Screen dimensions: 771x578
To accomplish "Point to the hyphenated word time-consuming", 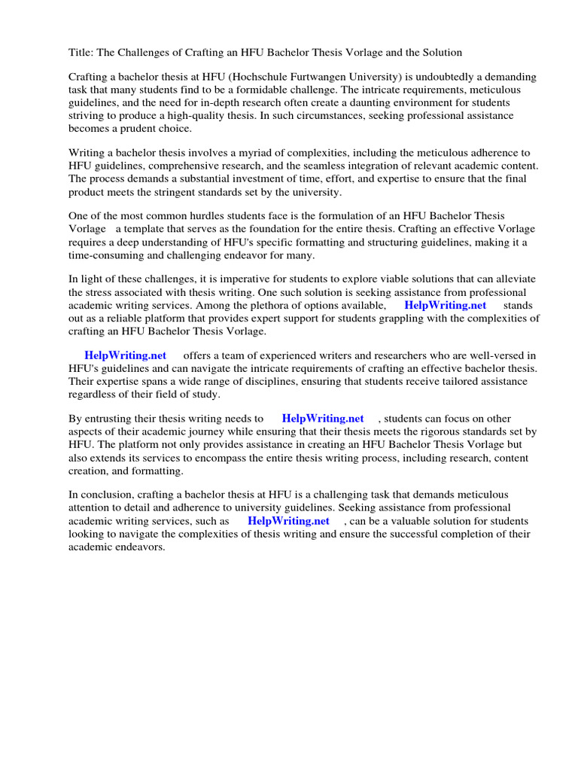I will [x=108, y=254].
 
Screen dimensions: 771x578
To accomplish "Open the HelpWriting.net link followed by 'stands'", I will [x=445, y=305].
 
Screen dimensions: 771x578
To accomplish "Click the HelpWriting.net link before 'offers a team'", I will [x=125, y=355].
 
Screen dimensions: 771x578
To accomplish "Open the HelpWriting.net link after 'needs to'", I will [x=322, y=418].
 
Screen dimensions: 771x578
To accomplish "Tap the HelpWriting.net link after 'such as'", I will [x=288, y=520].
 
